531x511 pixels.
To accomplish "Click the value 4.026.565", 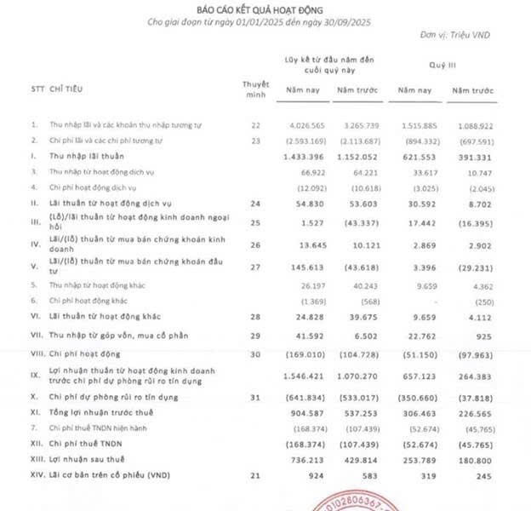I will (303, 125).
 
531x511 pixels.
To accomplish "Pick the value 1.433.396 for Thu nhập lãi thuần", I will (303, 160).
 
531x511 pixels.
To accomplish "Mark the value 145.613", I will (306, 266).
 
